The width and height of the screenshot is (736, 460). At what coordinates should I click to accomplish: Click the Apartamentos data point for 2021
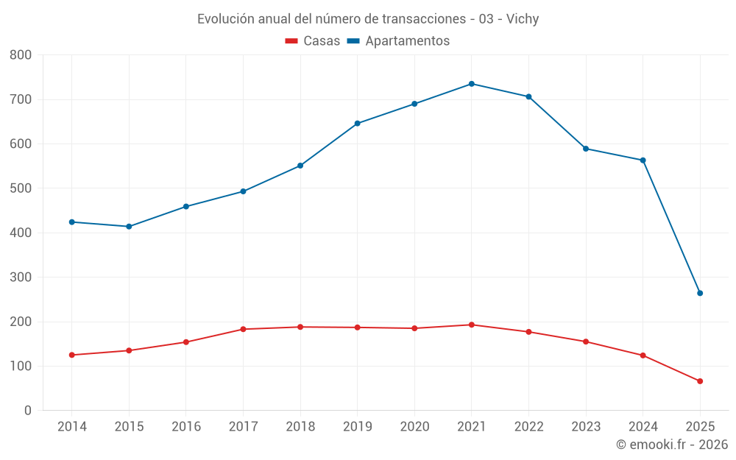[x=472, y=84]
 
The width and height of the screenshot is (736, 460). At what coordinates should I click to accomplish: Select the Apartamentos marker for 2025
[x=700, y=293]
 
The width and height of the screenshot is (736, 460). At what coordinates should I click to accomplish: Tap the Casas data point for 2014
[x=72, y=355]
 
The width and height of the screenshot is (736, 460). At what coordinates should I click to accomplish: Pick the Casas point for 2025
[x=700, y=381]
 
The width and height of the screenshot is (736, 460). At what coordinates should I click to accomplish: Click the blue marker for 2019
[x=358, y=124]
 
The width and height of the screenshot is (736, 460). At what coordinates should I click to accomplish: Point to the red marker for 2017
[x=244, y=329]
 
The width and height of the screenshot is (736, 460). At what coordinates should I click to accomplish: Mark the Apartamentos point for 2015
[x=129, y=227]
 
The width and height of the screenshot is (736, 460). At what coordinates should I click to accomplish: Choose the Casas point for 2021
[x=472, y=325]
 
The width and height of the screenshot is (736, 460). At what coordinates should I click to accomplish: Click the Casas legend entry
[x=313, y=41]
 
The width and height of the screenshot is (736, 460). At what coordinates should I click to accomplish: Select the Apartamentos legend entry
[x=398, y=41]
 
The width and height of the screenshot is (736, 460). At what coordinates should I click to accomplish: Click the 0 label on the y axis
[x=28, y=411]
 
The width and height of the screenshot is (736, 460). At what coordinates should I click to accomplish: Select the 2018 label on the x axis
[x=300, y=427]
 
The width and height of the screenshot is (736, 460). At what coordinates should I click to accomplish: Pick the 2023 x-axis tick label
[x=586, y=427]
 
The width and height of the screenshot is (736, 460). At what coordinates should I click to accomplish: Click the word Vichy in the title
[x=523, y=19]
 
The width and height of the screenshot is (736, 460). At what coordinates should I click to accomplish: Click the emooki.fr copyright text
[x=672, y=445]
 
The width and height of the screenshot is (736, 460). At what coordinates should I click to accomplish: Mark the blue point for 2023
[x=586, y=149]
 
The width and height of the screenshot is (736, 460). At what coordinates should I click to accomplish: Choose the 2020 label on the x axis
[x=414, y=427]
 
